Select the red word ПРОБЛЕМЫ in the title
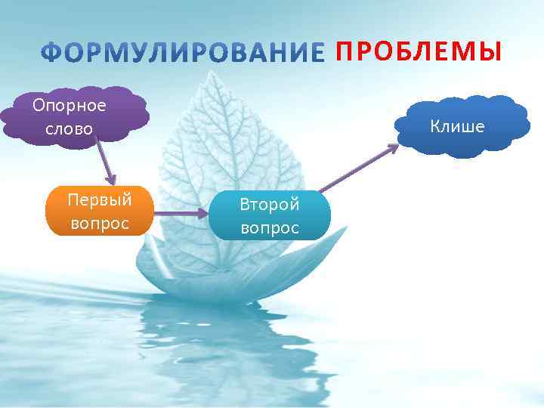(x=418, y=51)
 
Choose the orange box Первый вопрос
(x=99, y=212)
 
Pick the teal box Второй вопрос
(x=269, y=215)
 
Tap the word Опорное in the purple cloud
(x=70, y=105)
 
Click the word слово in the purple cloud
(x=69, y=128)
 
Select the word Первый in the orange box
(x=99, y=200)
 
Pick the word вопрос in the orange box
(x=99, y=224)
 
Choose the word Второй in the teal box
(x=269, y=204)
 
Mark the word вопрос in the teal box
(x=269, y=227)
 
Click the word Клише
(x=457, y=125)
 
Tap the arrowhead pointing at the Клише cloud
(x=394, y=148)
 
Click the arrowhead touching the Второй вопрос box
(x=204, y=214)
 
